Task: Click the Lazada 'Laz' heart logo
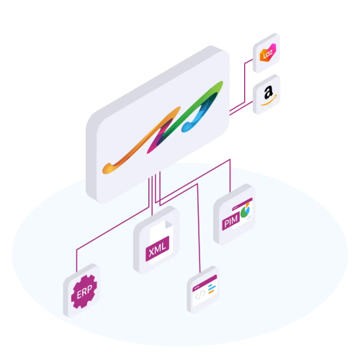(268, 53)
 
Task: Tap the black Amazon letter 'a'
(269, 93)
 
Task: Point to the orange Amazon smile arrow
(269, 101)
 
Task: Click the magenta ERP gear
(84, 292)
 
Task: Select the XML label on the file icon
(158, 248)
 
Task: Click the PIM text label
(230, 221)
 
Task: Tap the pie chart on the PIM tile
(246, 210)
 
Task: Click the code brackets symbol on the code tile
(200, 295)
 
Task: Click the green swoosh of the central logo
(192, 107)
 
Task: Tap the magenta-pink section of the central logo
(157, 139)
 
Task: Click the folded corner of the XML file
(168, 225)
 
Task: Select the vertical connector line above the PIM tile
(230, 176)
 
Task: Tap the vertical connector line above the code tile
(198, 228)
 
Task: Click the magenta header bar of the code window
(204, 282)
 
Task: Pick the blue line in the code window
(212, 286)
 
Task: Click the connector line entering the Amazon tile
(241, 109)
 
